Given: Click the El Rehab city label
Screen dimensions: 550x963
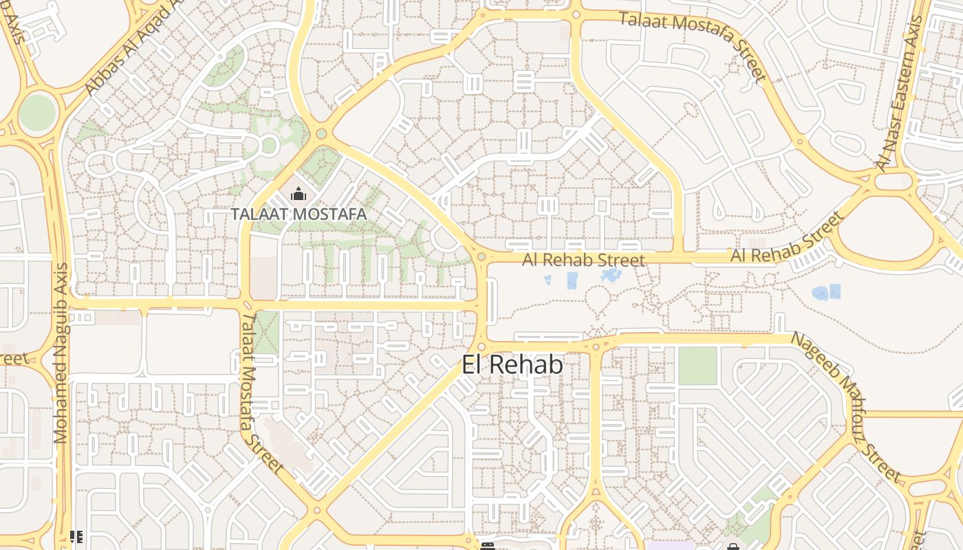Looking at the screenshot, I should click(x=512, y=365).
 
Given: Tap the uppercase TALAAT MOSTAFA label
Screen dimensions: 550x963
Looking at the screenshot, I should click(x=299, y=214).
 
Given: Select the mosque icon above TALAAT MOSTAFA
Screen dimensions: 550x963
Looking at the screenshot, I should click(x=298, y=195).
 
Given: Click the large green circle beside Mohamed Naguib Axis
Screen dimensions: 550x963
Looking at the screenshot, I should click(x=37, y=113).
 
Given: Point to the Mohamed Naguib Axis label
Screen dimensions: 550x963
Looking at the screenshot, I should click(x=61, y=353).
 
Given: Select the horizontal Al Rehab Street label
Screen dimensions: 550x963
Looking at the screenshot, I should click(x=583, y=260).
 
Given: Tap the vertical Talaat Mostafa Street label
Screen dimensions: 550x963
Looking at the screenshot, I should click(x=261, y=392).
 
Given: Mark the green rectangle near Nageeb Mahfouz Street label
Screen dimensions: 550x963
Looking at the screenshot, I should click(x=697, y=366).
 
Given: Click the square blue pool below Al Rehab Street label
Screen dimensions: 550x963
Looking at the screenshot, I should click(x=572, y=280).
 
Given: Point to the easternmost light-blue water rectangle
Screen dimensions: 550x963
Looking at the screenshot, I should click(x=835, y=291).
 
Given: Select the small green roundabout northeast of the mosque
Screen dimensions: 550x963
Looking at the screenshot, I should click(x=321, y=134).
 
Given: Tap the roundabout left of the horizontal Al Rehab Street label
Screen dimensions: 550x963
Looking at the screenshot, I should click(x=481, y=257).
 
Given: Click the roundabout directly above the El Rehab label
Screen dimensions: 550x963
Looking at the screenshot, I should click(x=481, y=347).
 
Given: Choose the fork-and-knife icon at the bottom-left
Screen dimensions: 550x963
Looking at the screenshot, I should click(x=76, y=536).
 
